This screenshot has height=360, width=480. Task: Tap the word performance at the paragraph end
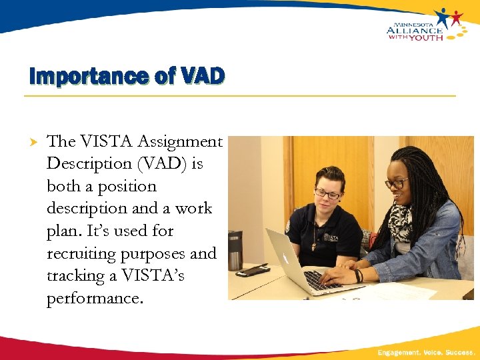pos(94,299)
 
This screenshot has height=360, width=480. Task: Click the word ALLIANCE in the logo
pos(414,30)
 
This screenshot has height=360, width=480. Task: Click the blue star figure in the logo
pos(443,17)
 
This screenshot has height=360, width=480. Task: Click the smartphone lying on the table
pos(253,270)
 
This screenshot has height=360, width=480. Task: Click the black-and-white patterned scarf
pos(401,223)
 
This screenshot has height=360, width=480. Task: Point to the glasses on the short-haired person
pos(327,194)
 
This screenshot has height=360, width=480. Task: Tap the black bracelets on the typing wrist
pos(359,275)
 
